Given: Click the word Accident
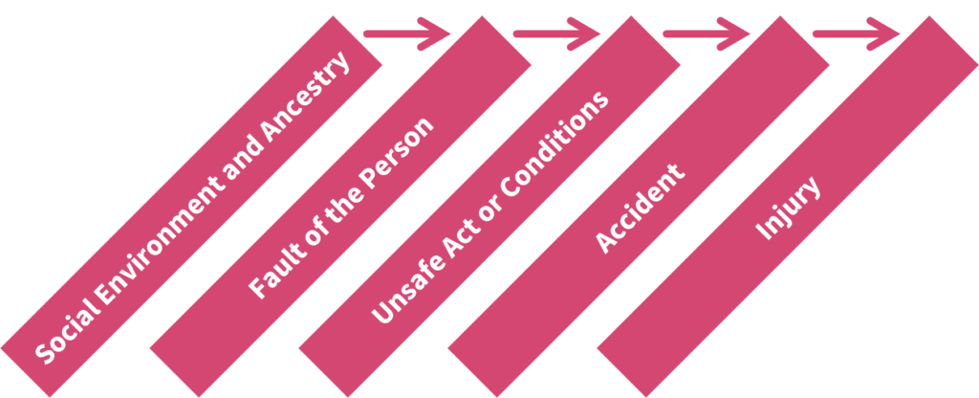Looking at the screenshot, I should point(640,209).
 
